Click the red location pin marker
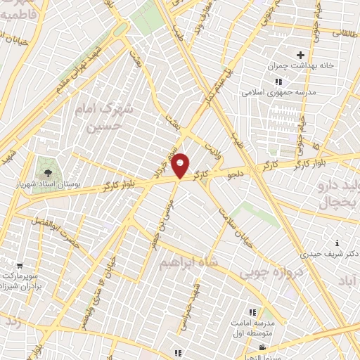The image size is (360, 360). coord(181,166)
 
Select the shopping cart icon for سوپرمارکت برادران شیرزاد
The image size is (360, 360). coord(19,266)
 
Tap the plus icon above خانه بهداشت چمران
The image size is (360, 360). coord(301,55)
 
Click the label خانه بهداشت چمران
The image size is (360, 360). coord(297,67)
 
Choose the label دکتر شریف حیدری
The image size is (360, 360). coord(326,254)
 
